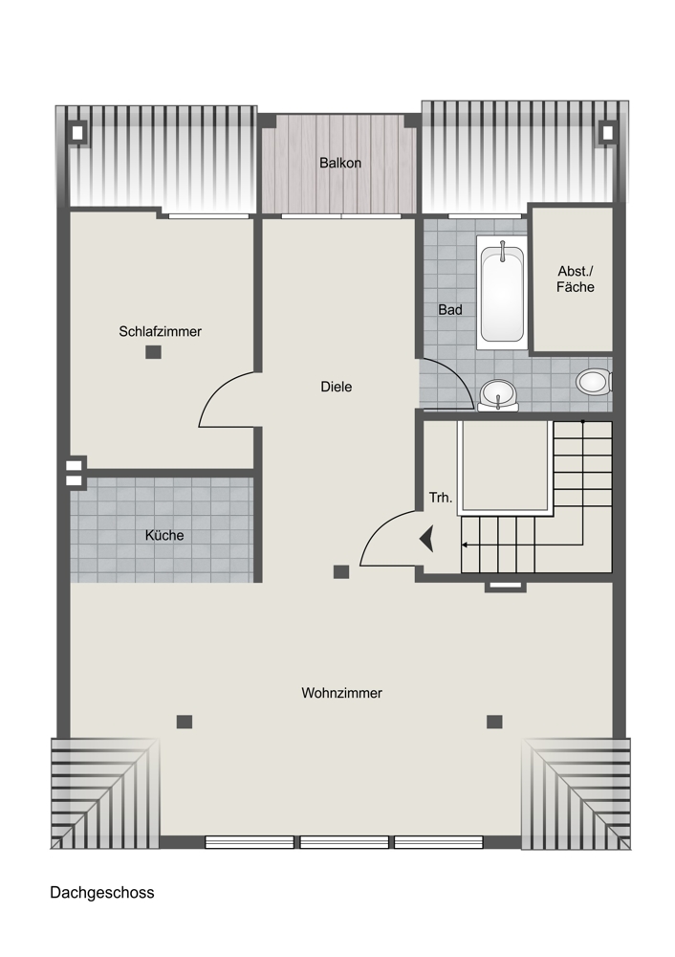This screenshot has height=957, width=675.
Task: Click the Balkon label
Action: click(340, 163)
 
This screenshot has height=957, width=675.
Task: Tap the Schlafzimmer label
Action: click(160, 331)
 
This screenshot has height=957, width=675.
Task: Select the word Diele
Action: click(336, 387)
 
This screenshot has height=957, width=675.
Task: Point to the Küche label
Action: click(164, 535)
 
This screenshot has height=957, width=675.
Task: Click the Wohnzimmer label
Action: click(341, 693)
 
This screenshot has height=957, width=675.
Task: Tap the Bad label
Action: click(450, 310)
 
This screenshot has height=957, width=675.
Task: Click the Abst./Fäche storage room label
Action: click(575, 278)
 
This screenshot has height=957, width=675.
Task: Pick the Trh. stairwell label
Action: click(440, 498)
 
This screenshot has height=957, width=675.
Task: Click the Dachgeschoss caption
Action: click(102, 892)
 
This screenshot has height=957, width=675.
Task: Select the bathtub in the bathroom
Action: click(501, 292)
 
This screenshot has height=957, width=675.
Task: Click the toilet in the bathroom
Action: click(594, 382)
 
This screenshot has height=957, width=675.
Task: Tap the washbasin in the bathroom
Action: click(498, 394)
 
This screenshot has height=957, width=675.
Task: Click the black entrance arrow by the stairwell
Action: click(426, 539)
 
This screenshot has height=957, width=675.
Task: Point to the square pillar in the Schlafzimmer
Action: click(153, 352)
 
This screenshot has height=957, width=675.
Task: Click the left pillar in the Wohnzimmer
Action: click(185, 722)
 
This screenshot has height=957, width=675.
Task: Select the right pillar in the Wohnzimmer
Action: click(494, 722)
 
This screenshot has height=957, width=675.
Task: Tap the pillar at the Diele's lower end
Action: click(341, 572)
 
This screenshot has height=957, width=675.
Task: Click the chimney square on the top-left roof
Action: click(77, 133)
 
